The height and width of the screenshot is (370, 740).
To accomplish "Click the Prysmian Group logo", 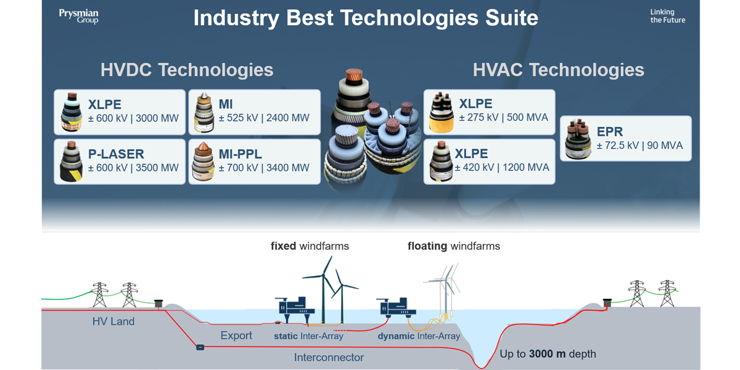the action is pos(79,17).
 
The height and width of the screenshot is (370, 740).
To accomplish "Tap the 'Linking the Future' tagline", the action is pos(668,16).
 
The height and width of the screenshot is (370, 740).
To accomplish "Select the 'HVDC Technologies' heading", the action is pos(187,70).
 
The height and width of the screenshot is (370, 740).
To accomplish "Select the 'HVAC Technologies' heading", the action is pos(558,70).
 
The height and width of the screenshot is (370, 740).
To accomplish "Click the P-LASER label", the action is pos(116,154).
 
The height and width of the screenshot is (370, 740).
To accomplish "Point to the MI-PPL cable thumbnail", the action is pos(203,162).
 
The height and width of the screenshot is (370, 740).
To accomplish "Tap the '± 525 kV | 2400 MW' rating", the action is pos(264,118).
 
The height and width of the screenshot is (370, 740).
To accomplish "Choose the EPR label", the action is pos(610,132).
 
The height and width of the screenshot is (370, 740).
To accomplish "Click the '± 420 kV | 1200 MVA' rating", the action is pos(502,168).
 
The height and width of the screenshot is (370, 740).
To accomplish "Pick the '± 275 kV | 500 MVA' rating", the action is pos(503,118).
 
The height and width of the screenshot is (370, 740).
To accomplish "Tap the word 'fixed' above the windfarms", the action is pos(283,246).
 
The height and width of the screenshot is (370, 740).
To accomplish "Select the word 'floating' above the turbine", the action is pos(427,247).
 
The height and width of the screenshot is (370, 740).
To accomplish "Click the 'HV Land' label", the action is pos(113,321).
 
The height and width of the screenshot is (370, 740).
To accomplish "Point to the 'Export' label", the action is pos(236,335).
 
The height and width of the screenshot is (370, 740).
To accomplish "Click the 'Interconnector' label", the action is pos(329,358).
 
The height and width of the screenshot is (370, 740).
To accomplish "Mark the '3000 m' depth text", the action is pos(547,354).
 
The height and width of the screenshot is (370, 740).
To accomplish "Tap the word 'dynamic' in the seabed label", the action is pos(396,336).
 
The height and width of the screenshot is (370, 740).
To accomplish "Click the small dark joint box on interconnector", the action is pos(200,347).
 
